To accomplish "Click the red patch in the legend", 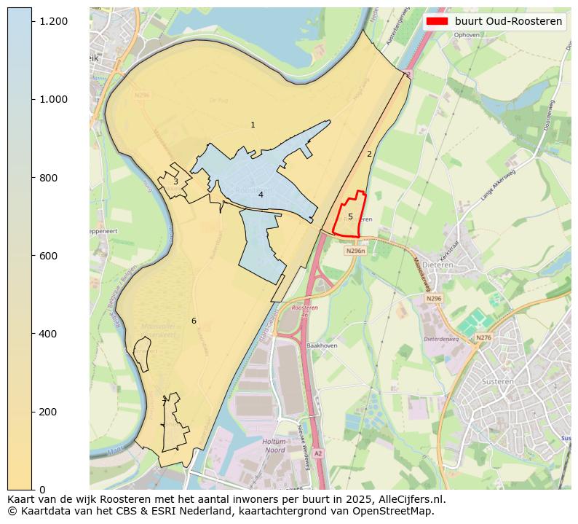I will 437,21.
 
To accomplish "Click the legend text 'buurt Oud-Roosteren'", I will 508,21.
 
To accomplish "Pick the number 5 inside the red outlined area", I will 350,216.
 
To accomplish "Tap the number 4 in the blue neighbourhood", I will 261,195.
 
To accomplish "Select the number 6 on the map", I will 194,321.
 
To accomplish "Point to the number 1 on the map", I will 253,125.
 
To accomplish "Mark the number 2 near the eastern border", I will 369,154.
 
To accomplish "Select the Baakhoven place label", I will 322,345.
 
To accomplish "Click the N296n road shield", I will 355,251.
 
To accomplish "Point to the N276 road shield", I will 483,337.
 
